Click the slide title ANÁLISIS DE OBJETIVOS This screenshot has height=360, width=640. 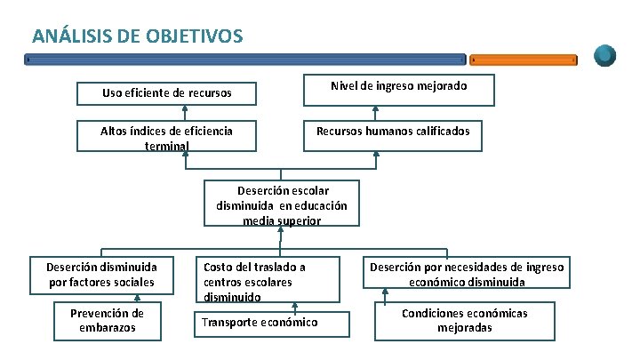click(137, 36)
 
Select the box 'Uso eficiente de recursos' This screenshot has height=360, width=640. click(167, 92)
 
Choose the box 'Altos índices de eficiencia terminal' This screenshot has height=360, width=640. click(167, 137)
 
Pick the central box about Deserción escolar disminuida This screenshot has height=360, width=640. click(281, 204)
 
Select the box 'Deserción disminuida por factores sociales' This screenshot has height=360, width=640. click(102, 274)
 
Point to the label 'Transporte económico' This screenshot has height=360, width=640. click(260, 322)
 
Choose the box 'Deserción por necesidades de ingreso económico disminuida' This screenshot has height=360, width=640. click(467, 274)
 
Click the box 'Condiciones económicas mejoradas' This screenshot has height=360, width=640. click(465, 321)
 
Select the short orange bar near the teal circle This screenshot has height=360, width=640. click(524, 60)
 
